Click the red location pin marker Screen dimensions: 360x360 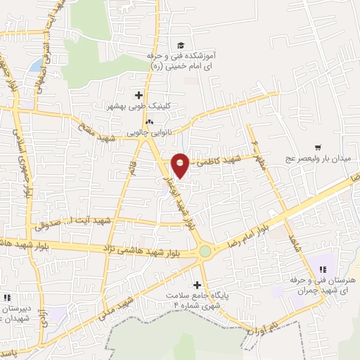coord(180,165)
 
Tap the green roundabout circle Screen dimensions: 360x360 coord(205,250)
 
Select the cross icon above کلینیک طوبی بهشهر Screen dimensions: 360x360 coord(139,95)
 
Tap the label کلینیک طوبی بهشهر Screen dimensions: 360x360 coord(139,106)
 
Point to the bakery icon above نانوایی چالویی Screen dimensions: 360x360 coord(148,121)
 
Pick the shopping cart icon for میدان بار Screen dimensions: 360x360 coord(319,148)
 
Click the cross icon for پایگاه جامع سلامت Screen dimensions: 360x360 coord(197,285)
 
